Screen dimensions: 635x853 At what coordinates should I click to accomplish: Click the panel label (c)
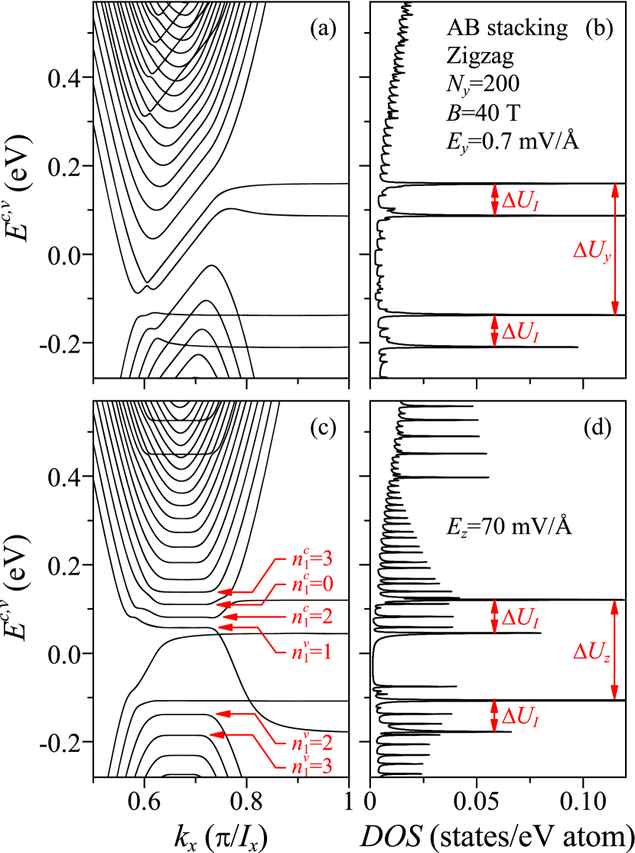323,427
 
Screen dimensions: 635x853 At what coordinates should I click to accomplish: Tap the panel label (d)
598,427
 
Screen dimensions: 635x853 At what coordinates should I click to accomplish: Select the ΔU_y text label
592,250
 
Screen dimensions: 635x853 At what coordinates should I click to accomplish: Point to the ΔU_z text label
592,651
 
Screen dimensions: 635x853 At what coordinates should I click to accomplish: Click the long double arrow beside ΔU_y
615,249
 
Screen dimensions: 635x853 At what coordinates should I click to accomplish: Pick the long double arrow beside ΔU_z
614,650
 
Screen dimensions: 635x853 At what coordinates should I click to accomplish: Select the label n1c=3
312,558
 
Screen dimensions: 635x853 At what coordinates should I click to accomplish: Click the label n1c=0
312,585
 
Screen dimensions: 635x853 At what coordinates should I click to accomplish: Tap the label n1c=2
312,617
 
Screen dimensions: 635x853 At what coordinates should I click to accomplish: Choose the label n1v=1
311,653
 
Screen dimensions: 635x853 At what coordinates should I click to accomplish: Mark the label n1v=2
312,744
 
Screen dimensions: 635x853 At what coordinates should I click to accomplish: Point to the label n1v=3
311,766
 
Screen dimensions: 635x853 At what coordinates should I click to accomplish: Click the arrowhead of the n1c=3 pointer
223,592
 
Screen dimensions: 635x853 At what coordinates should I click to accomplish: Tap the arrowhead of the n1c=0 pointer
223,604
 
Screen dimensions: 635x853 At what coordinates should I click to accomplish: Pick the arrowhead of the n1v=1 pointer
225,627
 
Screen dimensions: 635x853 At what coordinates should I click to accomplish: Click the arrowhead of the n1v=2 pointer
223,714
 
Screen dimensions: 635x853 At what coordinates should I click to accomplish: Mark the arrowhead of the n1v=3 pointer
217,734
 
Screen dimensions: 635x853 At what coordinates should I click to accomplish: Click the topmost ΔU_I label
520,201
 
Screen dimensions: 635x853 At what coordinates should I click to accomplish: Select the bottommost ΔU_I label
520,717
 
